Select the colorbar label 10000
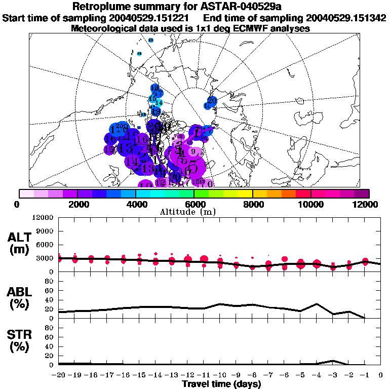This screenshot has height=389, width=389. tap(310, 204)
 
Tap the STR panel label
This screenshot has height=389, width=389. tap(19, 340)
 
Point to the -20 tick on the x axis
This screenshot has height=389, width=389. tap(59, 376)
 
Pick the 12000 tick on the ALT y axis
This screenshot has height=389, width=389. tap(45, 218)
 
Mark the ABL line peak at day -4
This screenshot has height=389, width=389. tap(317, 304)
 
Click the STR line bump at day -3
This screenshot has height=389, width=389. tap(332, 361)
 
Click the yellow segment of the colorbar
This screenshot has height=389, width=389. tap(245, 193)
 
